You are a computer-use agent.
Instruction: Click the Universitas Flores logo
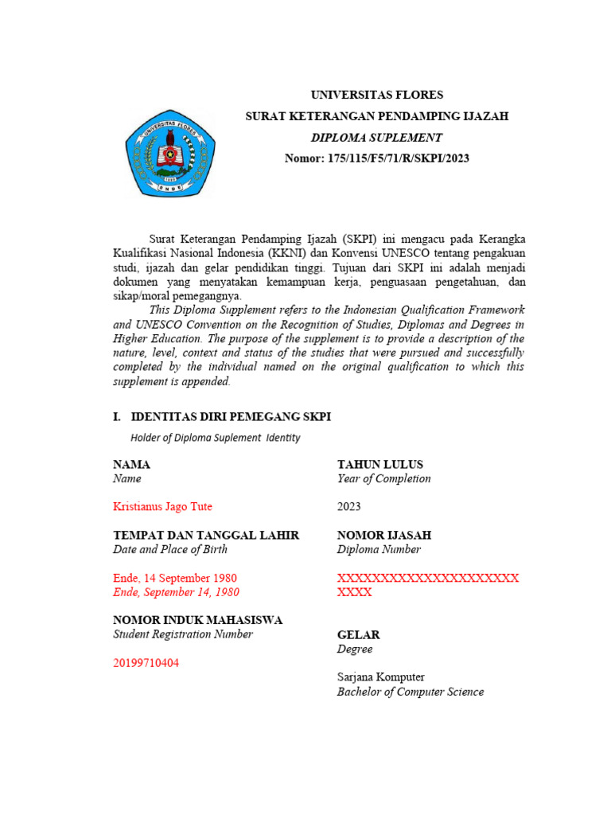(169, 154)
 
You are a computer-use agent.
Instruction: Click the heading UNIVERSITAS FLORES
(376, 95)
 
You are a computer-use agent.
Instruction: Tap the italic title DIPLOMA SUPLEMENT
(376, 138)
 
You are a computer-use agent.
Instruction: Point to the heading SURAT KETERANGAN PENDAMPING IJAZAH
(376, 116)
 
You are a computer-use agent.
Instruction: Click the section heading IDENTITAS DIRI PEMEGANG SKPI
(230, 417)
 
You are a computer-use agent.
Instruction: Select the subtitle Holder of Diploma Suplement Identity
(215, 438)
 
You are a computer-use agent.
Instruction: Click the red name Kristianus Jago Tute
(162, 507)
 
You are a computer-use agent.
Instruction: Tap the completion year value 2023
(348, 507)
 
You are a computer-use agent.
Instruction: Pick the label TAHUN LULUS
(380, 465)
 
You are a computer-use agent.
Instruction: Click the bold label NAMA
(131, 465)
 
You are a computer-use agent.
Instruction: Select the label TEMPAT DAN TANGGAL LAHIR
(206, 536)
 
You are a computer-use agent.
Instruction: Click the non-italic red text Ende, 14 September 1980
(175, 578)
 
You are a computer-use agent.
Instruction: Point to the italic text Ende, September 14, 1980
(176, 592)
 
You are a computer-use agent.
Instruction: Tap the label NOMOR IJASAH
(384, 536)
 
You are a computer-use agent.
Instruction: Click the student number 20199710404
(146, 663)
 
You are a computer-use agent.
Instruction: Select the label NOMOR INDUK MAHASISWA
(197, 620)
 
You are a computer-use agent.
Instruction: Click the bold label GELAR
(358, 635)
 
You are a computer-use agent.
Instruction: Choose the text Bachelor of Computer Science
(410, 692)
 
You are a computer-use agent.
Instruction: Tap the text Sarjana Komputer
(380, 677)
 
